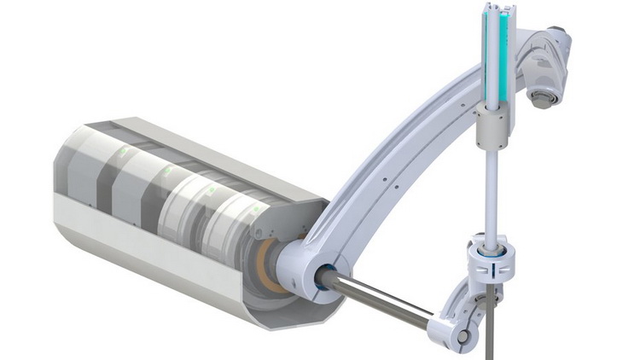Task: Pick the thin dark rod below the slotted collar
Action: [x=490, y=333]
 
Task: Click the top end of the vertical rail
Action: [x=494, y=7]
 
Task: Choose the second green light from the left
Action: [x=166, y=171]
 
